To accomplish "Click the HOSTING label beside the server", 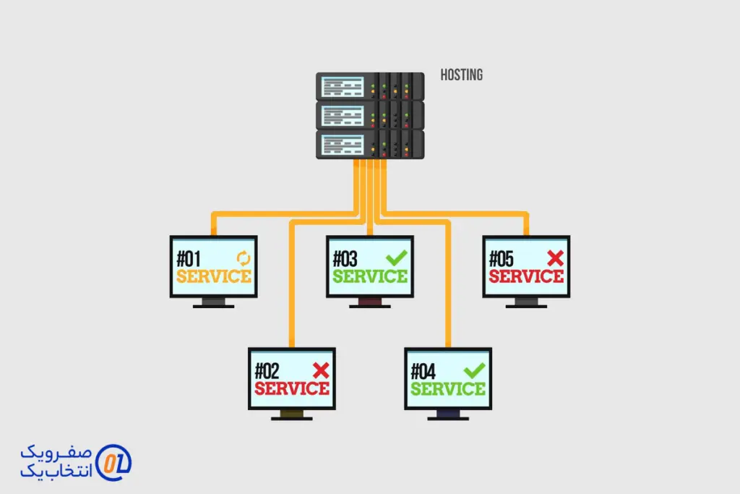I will click(461, 74).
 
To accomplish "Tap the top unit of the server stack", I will click(369, 86).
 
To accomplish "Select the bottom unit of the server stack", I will click(369, 145).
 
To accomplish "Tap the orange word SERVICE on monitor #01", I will click(214, 276).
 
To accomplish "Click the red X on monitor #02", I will click(321, 370).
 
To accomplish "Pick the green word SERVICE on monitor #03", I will click(370, 276).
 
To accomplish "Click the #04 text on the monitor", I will click(425, 372).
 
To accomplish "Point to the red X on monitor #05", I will click(555, 257).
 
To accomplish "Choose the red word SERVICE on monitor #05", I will click(526, 276).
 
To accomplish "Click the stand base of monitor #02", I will click(292, 418).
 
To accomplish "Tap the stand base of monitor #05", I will click(526, 306).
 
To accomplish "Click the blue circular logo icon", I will click(113, 462).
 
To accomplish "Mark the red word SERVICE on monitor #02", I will click(292, 389).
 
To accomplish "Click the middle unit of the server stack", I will click(369, 115).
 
